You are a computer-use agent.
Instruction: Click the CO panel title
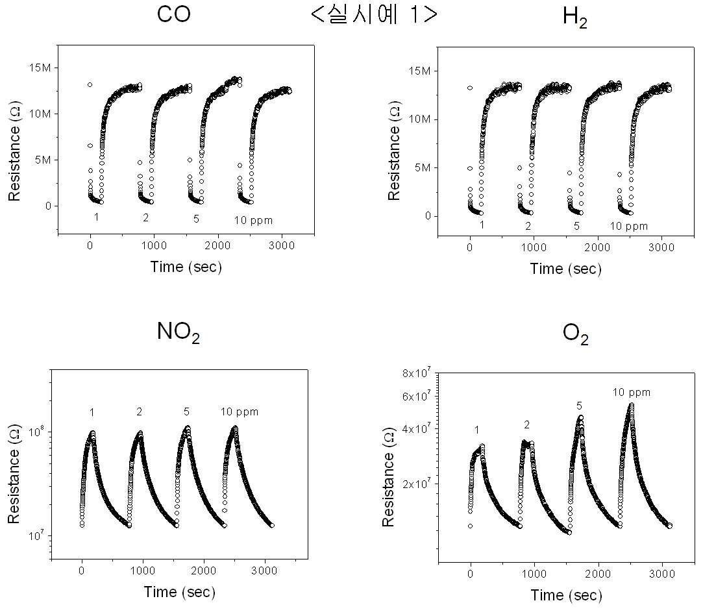(174, 14)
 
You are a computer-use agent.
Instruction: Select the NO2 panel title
(178, 332)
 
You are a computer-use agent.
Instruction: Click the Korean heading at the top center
(374, 15)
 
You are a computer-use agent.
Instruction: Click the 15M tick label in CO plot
(40, 68)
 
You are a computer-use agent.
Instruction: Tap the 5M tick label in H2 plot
(423, 167)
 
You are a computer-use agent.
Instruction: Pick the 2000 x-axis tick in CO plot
(217, 245)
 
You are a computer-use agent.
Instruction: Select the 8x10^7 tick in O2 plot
(416, 373)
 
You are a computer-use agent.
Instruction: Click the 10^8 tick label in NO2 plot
(36, 432)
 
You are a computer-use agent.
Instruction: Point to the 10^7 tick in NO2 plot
(36, 535)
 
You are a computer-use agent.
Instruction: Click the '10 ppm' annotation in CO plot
(253, 221)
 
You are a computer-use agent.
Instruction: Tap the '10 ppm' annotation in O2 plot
(631, 393)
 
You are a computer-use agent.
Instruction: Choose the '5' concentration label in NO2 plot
(186, 411)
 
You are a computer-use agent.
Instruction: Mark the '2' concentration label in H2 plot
(528, 226)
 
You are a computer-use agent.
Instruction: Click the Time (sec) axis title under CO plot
(186, 267)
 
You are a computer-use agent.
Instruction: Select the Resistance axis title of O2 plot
(388, 477)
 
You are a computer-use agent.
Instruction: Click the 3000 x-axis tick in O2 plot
(661, 574)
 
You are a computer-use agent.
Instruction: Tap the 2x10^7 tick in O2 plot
(416, 484)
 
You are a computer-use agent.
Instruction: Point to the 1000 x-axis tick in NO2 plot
(143, 571)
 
